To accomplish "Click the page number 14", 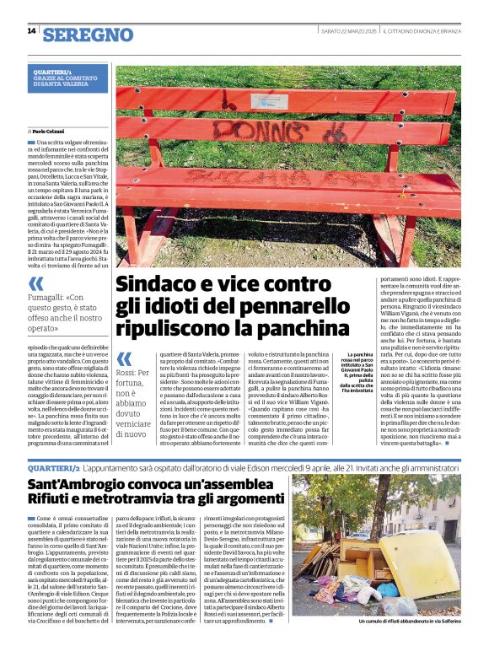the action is tap(31, 31).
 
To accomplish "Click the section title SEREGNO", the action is tap(88, 35).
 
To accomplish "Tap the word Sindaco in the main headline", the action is tap(158, 283).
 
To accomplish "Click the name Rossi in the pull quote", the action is tap(127, 372).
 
